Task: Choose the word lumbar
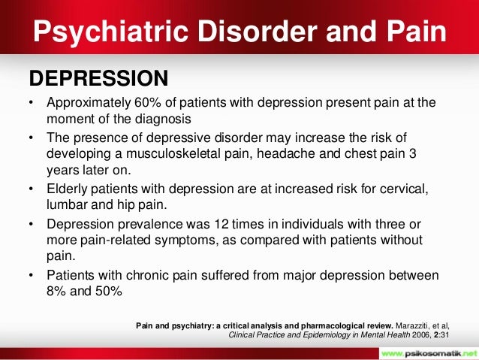point(68,204)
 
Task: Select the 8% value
point(59,289)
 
